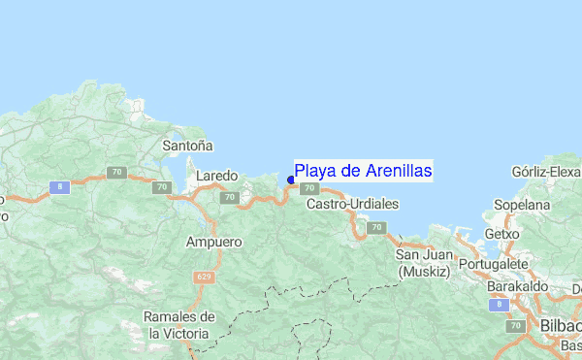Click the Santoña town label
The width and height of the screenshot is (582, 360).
tap(187, 147)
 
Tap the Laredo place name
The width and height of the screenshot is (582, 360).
tap(216, 177)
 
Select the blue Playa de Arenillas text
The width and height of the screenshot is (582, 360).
tap(364, 171)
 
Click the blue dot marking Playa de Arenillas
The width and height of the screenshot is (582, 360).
tap(291, 180)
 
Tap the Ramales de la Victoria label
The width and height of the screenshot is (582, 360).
tap(178, 324)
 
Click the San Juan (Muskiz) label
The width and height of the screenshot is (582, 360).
tap(423, 263)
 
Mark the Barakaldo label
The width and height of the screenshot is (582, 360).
tap(517, 287)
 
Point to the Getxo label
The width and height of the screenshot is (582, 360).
tap(501, 235)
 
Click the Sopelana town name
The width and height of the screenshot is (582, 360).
tap(522, 207)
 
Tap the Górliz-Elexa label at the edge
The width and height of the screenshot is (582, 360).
tap(546, 173)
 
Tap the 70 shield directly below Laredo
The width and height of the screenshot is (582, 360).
tap(229, 197)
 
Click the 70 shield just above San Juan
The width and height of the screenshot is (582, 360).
tap(374, 227)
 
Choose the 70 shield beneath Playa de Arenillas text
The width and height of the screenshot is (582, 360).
tap(308, 188)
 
